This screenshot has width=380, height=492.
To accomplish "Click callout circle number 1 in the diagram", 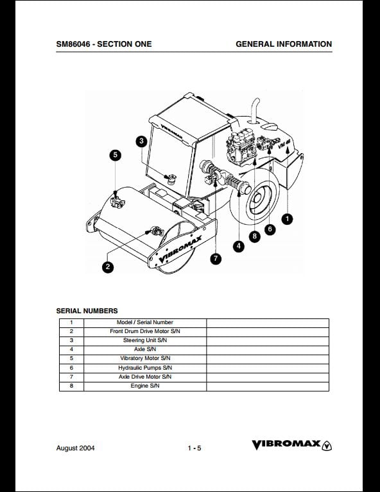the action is pos(287,218).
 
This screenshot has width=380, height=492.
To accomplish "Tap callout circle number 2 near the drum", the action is pos(108,267).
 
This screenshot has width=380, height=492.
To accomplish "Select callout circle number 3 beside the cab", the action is pos(141,141).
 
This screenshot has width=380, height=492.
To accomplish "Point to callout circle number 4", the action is pos(239,246).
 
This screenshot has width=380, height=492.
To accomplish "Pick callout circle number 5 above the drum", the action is pos(116,154).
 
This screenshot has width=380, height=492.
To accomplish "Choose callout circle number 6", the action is pos(270,229).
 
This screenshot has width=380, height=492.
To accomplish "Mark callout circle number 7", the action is pos(216,259).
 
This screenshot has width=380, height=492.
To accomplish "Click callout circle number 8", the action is pos(255,236).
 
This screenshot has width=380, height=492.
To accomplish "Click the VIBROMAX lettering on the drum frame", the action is pos(180,249).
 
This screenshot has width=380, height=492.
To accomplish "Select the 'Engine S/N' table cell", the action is pos(145,386).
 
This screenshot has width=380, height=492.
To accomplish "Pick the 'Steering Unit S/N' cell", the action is pos(145,340).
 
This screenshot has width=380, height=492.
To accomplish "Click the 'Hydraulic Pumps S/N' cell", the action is pos(145,368).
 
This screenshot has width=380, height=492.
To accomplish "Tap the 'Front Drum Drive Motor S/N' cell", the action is pos(145,331).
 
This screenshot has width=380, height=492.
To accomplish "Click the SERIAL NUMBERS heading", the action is pos(87,311).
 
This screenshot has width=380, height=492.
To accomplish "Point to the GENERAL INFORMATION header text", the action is pos(284,44).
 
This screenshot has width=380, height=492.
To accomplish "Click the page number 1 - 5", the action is pos(194,448).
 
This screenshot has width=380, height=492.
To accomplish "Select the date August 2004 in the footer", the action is pos(76,448).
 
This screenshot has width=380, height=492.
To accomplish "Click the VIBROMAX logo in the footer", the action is pos(291,445).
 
